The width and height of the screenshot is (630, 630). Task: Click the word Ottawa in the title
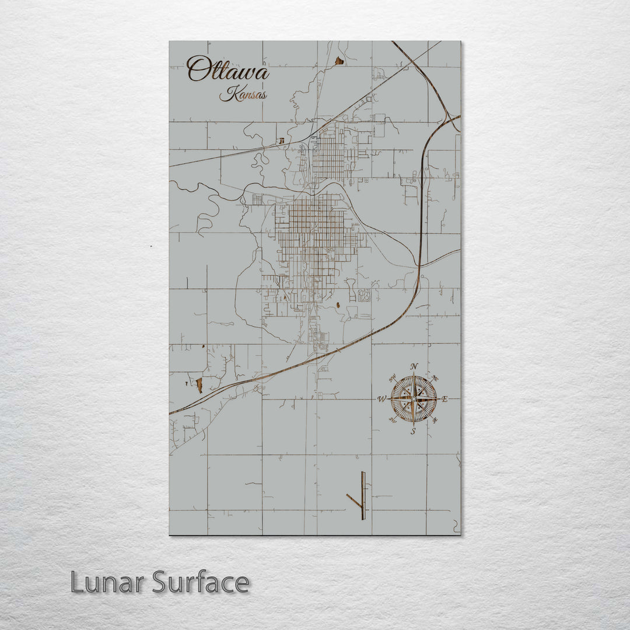pyautogui.click(x=228, y=70)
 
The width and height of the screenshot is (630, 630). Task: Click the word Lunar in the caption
pyautogui.click(x=107, y=582)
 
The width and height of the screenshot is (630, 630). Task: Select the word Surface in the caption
pyautogui.click(x=201, y=582)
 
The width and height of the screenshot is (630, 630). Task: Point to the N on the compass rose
pyautogui.click(x=414, y=366)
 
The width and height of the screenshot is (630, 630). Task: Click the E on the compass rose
pyautogui.click(x=444, y=400)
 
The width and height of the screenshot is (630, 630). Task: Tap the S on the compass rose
pyautogui.click(x=413, y=432)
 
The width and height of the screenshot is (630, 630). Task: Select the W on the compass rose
pyautogui.click(x=381, y=400)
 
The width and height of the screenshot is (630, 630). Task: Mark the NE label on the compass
pyautogui.click(x=436, y=377)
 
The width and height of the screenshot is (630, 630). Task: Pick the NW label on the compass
pyautogui.click(x=391, y=377)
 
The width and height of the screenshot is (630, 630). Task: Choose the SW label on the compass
pyautogui.click(x=392, y=421)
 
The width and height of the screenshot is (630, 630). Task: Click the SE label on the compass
pyautogui.click(x=435, y=421)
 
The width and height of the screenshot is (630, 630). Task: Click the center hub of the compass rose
pyautogui.click(x=413, y=399)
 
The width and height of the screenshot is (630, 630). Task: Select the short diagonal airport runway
pyautogui.click(x=353, y=500)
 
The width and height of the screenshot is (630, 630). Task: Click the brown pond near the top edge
pyautogui.click(x=339, y=60)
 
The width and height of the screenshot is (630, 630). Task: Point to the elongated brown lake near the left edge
pyautogui.click(x=199, y=384)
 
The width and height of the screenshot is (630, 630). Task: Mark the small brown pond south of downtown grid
pyautogui.click(x=339, y=304)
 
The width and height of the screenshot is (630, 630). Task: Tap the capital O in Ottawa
pyautogui.click(x=198, y=69)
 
